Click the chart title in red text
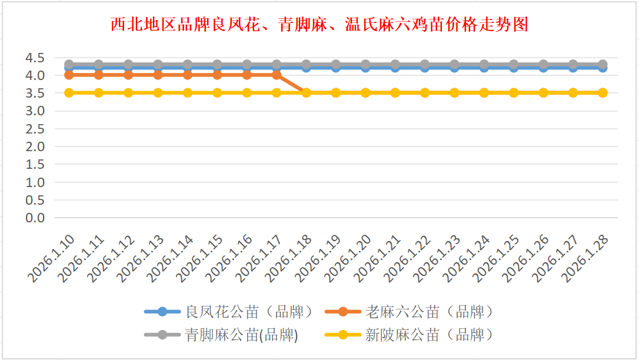tap(319, 25)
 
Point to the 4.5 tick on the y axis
tap(35, 58)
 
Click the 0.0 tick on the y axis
tap(35, 218)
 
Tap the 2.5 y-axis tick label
tap(35, 129)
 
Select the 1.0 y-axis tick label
tap(35, 182)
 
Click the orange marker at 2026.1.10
tap(69, 75)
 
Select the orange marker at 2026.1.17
tap(277, 75)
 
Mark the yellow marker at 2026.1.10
tap(69, 92)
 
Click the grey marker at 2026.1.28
tap(603, 64)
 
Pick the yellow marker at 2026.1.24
tap(484, 92)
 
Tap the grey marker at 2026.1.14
tap(188, 64)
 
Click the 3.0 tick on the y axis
tap(35, 111)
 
